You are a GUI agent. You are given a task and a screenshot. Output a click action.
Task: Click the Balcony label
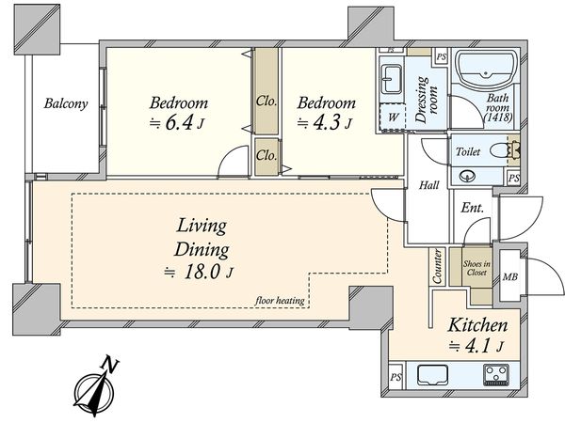point(66,103)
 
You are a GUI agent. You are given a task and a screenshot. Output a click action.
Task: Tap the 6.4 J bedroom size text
point(177,123)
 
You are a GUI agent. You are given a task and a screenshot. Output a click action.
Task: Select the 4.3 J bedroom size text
point(324,123)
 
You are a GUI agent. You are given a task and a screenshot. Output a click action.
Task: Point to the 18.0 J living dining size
point(199,273)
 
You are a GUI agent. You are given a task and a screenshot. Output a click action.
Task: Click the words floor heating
point(280,300)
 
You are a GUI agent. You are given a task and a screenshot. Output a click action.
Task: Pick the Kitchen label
point(477,325)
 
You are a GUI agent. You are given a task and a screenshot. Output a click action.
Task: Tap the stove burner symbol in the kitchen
point(497,375)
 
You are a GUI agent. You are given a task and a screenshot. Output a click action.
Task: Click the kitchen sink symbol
point(432,375)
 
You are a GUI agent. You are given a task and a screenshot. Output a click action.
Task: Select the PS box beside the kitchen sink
point(395,377)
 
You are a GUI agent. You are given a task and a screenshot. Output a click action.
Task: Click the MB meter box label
point(510,276)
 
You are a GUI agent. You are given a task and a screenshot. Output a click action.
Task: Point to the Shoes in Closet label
point(476,268)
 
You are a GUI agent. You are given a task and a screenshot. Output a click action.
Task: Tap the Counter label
point(436,266)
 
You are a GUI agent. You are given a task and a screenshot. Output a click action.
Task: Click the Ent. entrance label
point(473,208)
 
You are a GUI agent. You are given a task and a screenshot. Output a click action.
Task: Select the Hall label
point(429,185)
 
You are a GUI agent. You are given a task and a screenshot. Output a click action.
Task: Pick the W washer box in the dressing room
point(394,117)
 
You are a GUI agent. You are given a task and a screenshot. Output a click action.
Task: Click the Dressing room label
point(427,100)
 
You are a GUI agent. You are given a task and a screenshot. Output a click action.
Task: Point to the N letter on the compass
point(110,365)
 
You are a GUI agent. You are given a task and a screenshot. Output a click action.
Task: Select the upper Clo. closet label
point(266,102)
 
